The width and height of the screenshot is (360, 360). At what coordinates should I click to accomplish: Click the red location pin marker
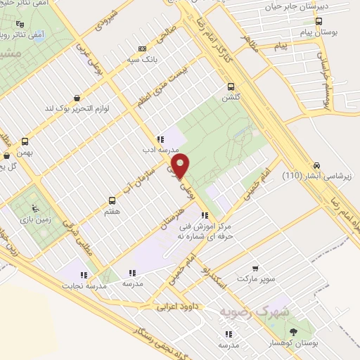[181, 167]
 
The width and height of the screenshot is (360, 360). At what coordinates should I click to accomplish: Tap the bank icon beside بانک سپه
[143, 49]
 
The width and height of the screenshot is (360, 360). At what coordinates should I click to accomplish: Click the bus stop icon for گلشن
[230, 87]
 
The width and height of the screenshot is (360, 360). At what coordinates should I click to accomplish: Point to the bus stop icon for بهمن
[26, 141]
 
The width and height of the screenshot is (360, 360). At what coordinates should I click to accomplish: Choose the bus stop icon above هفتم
[111, 200]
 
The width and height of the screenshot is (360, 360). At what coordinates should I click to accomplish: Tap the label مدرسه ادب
[162, 150]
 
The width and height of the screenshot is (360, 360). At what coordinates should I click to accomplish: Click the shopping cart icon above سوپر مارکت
[255, 269]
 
